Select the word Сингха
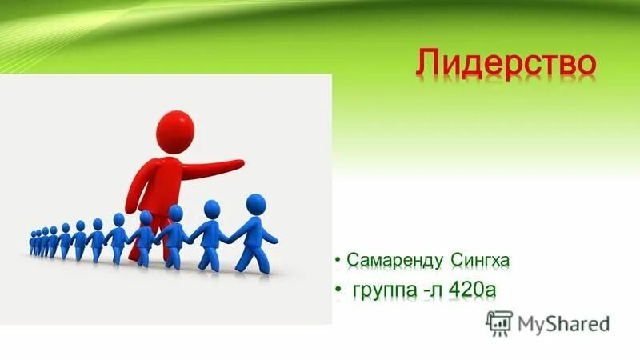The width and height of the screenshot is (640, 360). tap(481, 260)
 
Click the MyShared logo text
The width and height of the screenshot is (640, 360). tap(563, 323)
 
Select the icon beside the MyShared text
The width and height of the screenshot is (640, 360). tap(498, 322)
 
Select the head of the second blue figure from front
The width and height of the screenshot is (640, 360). tap(212, 210)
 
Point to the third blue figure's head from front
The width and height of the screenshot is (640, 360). tap(175, 213)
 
